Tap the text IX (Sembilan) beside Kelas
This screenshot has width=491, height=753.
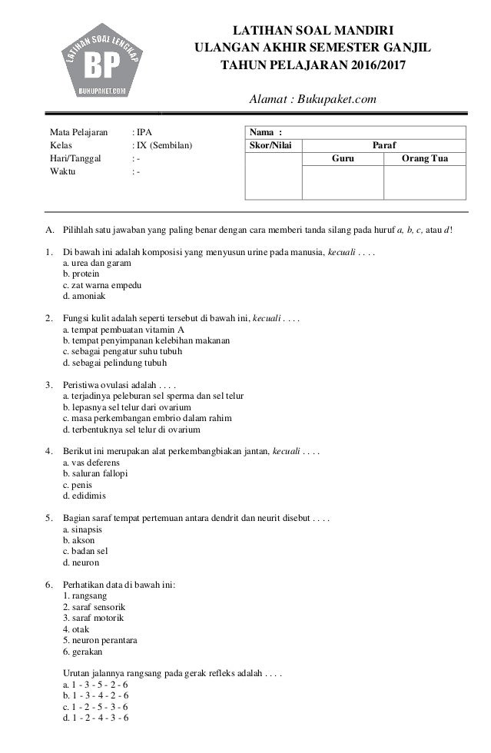tap(164, 144)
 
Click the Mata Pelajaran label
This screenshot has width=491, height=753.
tap(78, 131)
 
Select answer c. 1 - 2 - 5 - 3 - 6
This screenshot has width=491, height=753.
tap(95, 706)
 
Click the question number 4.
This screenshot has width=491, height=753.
tap(48, 449)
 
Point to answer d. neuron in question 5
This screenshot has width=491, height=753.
tap(81, 562)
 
